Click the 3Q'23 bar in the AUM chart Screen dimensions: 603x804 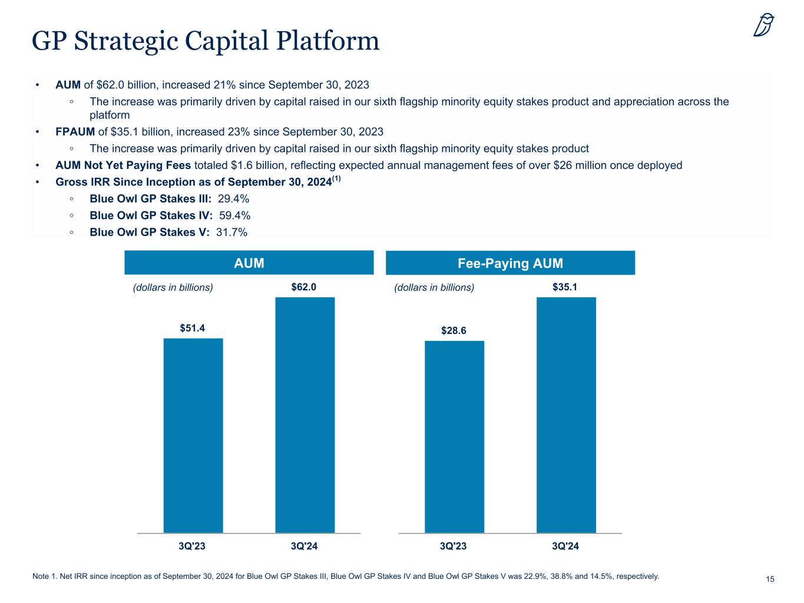193,435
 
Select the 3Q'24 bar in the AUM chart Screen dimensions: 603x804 305,415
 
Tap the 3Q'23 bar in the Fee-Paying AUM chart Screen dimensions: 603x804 454,436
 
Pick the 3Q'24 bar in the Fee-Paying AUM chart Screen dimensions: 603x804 566,415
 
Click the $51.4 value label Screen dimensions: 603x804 193,328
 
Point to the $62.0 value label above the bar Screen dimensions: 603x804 304,287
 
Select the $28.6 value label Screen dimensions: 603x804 454,331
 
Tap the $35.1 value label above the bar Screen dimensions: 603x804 565,287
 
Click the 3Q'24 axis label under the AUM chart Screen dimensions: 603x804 305,546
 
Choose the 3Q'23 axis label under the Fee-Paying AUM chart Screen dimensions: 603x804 454,546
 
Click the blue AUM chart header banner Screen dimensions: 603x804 249,263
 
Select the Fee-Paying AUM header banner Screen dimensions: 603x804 510,263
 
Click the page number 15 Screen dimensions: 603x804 770,579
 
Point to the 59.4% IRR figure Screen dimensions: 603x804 234,216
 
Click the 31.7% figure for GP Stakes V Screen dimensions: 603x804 231,232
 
